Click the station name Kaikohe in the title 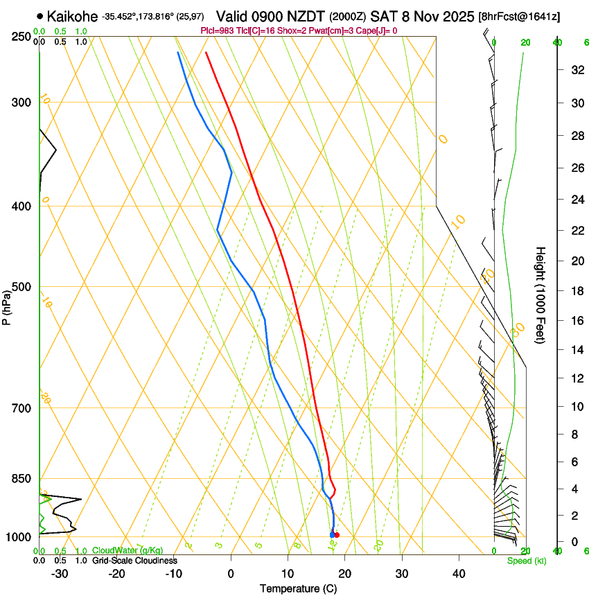(72, 15)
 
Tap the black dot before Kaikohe (40, 15)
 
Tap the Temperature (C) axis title (298, 589)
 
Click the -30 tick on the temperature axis (60, 574)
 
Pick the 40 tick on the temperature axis (459, 574)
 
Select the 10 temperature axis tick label (288, 574)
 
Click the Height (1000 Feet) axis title (541, 295)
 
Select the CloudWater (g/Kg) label (128, 551)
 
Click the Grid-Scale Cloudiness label (134, 561)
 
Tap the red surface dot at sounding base (337, 535)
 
